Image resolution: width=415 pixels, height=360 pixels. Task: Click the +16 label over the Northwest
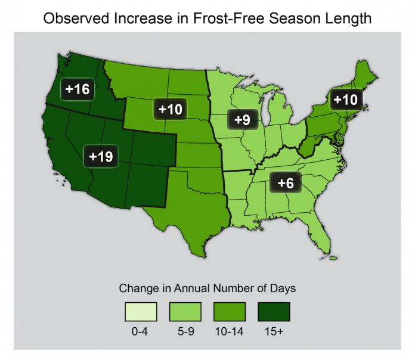(x=78, y=89)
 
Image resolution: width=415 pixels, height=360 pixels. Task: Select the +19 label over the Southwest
(x=101, y=157)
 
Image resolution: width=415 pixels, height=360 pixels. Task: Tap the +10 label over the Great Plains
(x=171, y=109)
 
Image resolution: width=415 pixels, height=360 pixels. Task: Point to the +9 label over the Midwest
(x=241, y=119)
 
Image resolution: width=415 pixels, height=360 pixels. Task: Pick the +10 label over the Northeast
(x=345, y=99)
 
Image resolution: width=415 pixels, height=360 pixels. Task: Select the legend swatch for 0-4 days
(x=140, y=312)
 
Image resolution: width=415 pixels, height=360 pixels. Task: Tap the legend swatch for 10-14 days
(x=229, y=312)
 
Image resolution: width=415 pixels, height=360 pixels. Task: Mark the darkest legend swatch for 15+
(x=274, y=312)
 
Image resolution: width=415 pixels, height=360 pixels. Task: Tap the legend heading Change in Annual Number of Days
(x=207, y=288)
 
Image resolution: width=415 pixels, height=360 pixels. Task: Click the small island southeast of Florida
(x=333, y=258)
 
